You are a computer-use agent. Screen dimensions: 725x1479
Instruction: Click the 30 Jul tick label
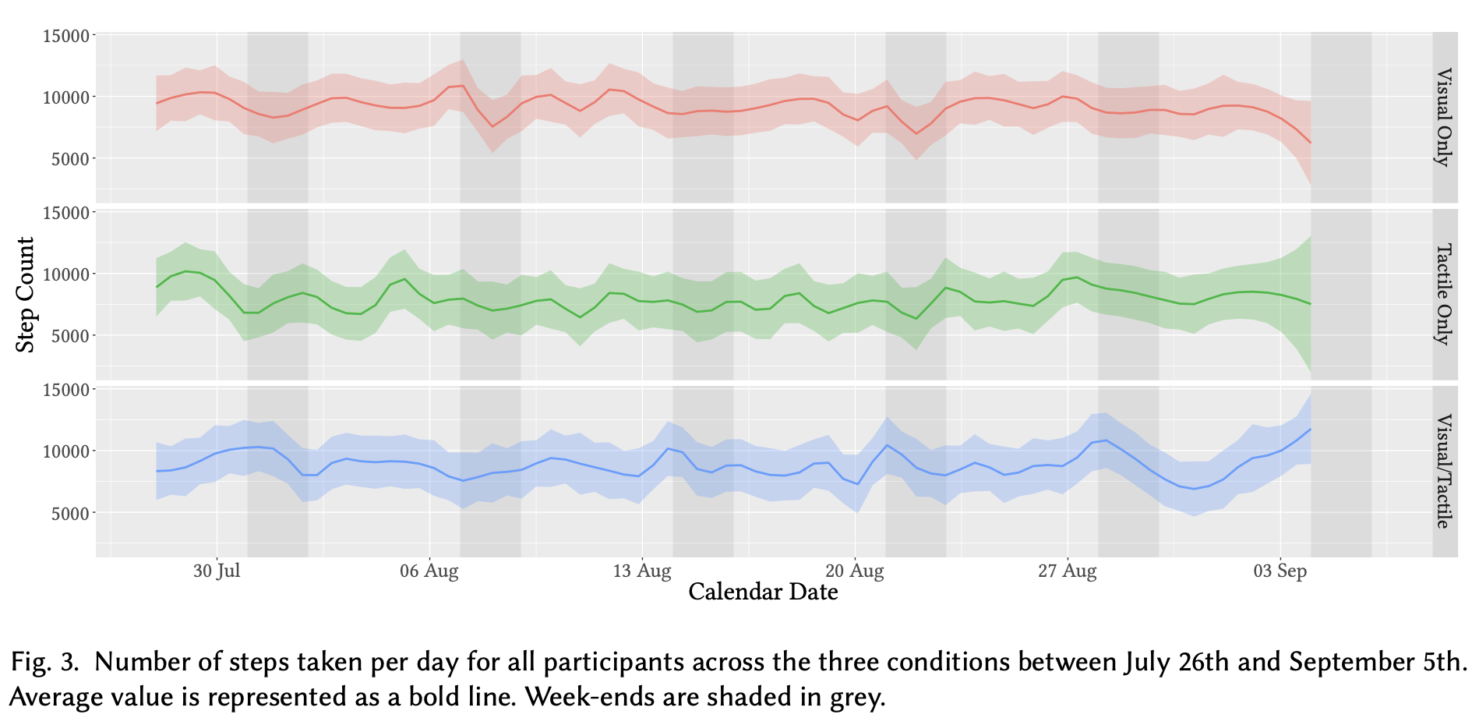[217, 571]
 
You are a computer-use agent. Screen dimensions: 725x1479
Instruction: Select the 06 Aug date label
[429, 571]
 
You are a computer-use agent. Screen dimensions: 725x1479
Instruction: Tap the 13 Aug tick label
[642, 571]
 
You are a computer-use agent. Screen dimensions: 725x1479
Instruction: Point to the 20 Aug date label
[855, 571]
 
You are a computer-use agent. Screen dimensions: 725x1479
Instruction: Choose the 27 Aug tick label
[1068, 571]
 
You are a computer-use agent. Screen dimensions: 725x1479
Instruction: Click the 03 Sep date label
[1280, 571]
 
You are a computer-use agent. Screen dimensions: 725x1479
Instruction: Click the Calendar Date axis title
[763, 592]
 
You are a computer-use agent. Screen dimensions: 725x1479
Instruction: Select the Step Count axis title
[26, 295]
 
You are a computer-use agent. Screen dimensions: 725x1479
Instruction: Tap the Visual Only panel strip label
[1444, 118]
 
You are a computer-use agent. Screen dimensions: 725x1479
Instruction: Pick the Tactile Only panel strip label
[1444, 295]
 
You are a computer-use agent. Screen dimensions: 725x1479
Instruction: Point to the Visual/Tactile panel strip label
[1444, 471]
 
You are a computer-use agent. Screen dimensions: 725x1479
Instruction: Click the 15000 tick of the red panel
[66, 36]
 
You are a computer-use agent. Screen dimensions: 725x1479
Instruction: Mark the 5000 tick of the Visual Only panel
[70, 159]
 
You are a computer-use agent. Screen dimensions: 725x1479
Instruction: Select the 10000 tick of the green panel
[66, 274]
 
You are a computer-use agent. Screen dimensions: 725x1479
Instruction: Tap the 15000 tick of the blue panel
[66, 390]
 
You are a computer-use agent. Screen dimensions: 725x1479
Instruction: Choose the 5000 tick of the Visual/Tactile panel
[70, 513]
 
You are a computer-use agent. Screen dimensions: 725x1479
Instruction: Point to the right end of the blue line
[1311, 429]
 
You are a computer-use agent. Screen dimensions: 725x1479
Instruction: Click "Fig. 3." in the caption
[45, 663]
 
